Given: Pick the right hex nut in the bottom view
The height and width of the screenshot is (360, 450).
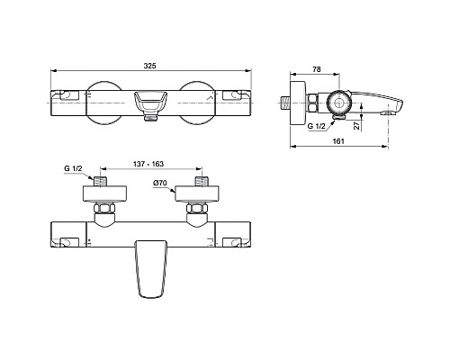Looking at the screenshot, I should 198,212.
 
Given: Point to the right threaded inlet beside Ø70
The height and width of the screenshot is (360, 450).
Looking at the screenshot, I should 198,181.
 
